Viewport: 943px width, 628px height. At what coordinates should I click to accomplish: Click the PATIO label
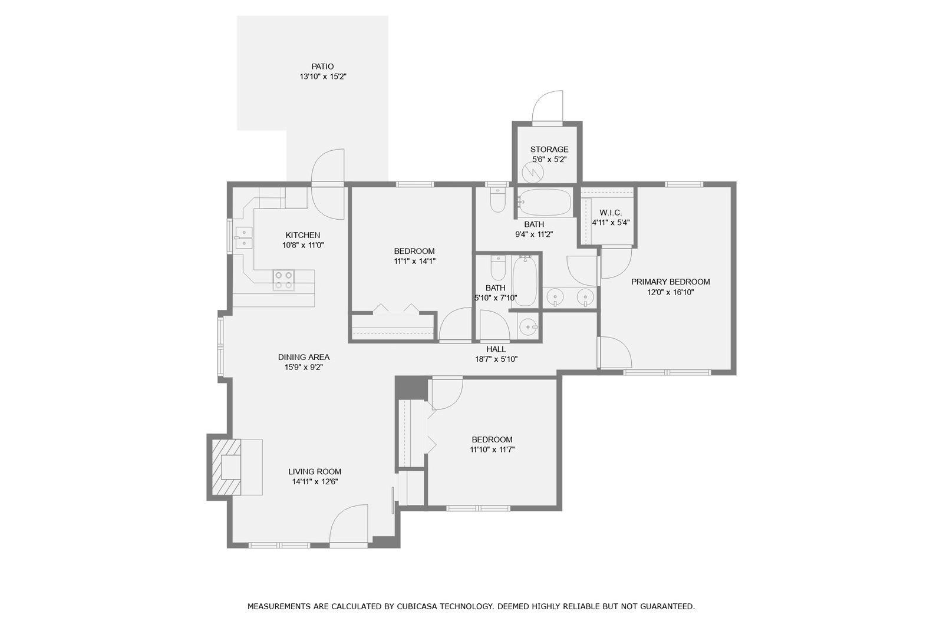pyautogui.click(x=322, y=67)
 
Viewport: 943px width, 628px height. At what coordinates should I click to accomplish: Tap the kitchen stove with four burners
pyautogui.click(x=283, y=280)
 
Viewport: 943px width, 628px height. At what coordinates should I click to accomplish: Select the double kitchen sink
pyautogui.click(x=244, y=238)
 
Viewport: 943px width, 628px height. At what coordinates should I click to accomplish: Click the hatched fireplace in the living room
pyautogui.click(x=226, y=467)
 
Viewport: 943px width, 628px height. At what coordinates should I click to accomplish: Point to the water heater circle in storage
pyautogui.click(x=533, y=172)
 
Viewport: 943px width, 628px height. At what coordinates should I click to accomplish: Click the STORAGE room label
pyautogui.click(x=549, y=150)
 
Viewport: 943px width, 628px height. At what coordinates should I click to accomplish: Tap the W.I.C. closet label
pyautogui.click(x=611, y=213)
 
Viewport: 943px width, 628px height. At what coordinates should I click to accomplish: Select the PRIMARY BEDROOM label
pyautogui.click(x=670, y=282)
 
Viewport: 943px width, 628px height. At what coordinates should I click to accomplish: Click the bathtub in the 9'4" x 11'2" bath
pyautogui.click(x=545, y=202)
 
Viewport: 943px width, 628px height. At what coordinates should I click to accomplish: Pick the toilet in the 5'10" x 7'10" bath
pyautogui.click(x=498, y=267)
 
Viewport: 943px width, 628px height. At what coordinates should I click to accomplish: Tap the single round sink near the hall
pyautogui.click(x=527, y=326)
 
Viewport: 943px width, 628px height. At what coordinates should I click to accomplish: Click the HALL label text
pyautogui.click(x=496, y=349)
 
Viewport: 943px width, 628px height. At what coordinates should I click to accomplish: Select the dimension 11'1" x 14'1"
pyautogui.click(x=414, y=262)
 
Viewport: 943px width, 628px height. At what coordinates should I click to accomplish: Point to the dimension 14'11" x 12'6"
pyautogui.click(x=315, y=482)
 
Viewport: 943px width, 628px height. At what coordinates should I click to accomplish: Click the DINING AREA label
pyautogui.click(x=304, y=358)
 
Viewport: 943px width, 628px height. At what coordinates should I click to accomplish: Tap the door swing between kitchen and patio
pyautogui.click(x=328, y=184)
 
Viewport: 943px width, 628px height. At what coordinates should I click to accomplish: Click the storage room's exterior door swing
pyautogui.click(x=548, y=107)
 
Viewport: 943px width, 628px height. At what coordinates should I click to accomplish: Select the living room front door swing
pyautogui.click(x=348, y=525)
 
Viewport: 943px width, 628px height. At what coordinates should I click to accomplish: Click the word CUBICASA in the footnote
pyautogui.click(x=417, y=607)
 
